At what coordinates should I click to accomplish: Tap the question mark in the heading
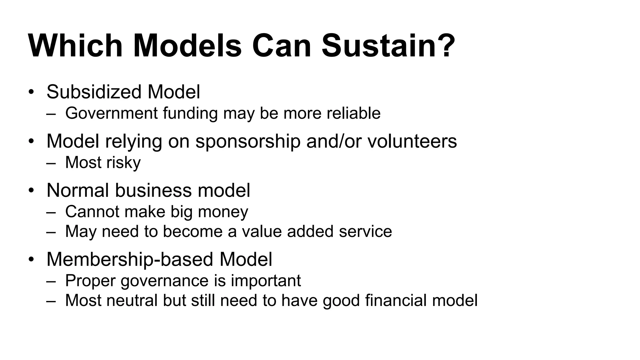[443, 46]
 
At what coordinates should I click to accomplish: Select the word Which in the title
[75, 46]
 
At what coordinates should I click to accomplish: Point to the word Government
[111, 113]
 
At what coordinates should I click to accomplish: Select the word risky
[123, 163]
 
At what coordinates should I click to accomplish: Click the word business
[153, 190]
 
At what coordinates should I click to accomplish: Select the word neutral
[132, 301]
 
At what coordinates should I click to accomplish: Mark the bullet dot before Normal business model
[31, 191]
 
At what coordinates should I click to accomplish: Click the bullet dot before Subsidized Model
[31, 92]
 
